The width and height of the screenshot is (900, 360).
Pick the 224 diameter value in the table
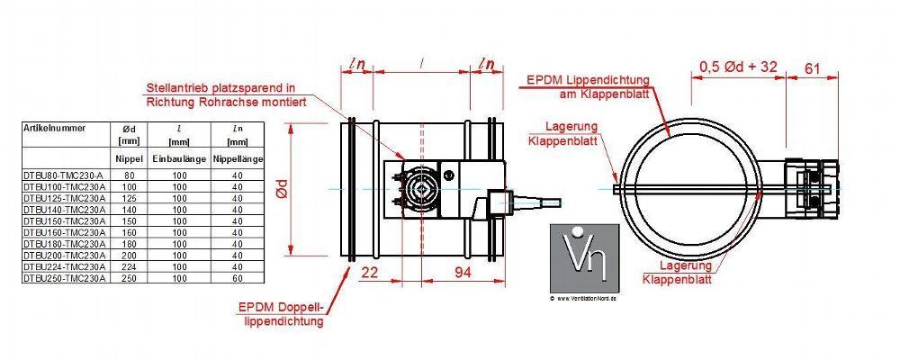129,267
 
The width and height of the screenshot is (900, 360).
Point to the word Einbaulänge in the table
180,159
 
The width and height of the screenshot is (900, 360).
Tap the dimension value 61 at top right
812,67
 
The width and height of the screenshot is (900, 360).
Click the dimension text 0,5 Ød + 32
738,67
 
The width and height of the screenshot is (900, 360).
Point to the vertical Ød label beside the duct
282,189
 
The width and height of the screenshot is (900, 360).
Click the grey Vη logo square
584,256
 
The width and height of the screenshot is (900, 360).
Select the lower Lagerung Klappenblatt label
677,273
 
